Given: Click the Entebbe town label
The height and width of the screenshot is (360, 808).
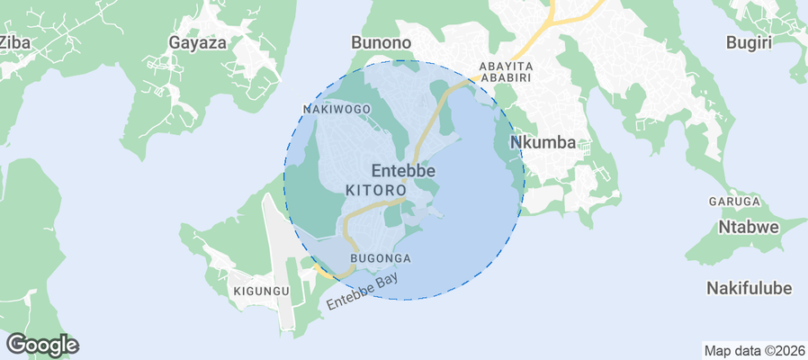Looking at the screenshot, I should (x=403, y=170).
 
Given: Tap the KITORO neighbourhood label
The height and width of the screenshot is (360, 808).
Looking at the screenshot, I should (x=373, y=191).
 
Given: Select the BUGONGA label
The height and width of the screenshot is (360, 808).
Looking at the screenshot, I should (x=380, y=258).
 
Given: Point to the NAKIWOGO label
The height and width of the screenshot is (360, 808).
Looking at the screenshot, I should (x=337, y=109).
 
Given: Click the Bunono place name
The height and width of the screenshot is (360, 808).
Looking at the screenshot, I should (x=381, y=42).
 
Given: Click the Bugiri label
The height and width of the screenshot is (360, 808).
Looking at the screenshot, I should (x=750, y=42).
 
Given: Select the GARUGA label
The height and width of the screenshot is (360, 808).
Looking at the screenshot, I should (x=735, y=202).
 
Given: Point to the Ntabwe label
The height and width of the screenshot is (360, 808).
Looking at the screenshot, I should (x=748, y=227).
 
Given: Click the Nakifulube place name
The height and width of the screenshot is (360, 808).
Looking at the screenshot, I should (x=749, y=288).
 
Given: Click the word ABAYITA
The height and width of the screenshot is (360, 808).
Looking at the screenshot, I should (x=507, y=67).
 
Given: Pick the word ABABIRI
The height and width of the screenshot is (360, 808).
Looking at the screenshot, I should (x=507, y=78).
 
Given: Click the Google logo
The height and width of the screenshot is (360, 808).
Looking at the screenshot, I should (x=41, y=344).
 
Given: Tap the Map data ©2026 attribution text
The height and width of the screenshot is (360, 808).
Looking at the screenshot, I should (x=754, y=350).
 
